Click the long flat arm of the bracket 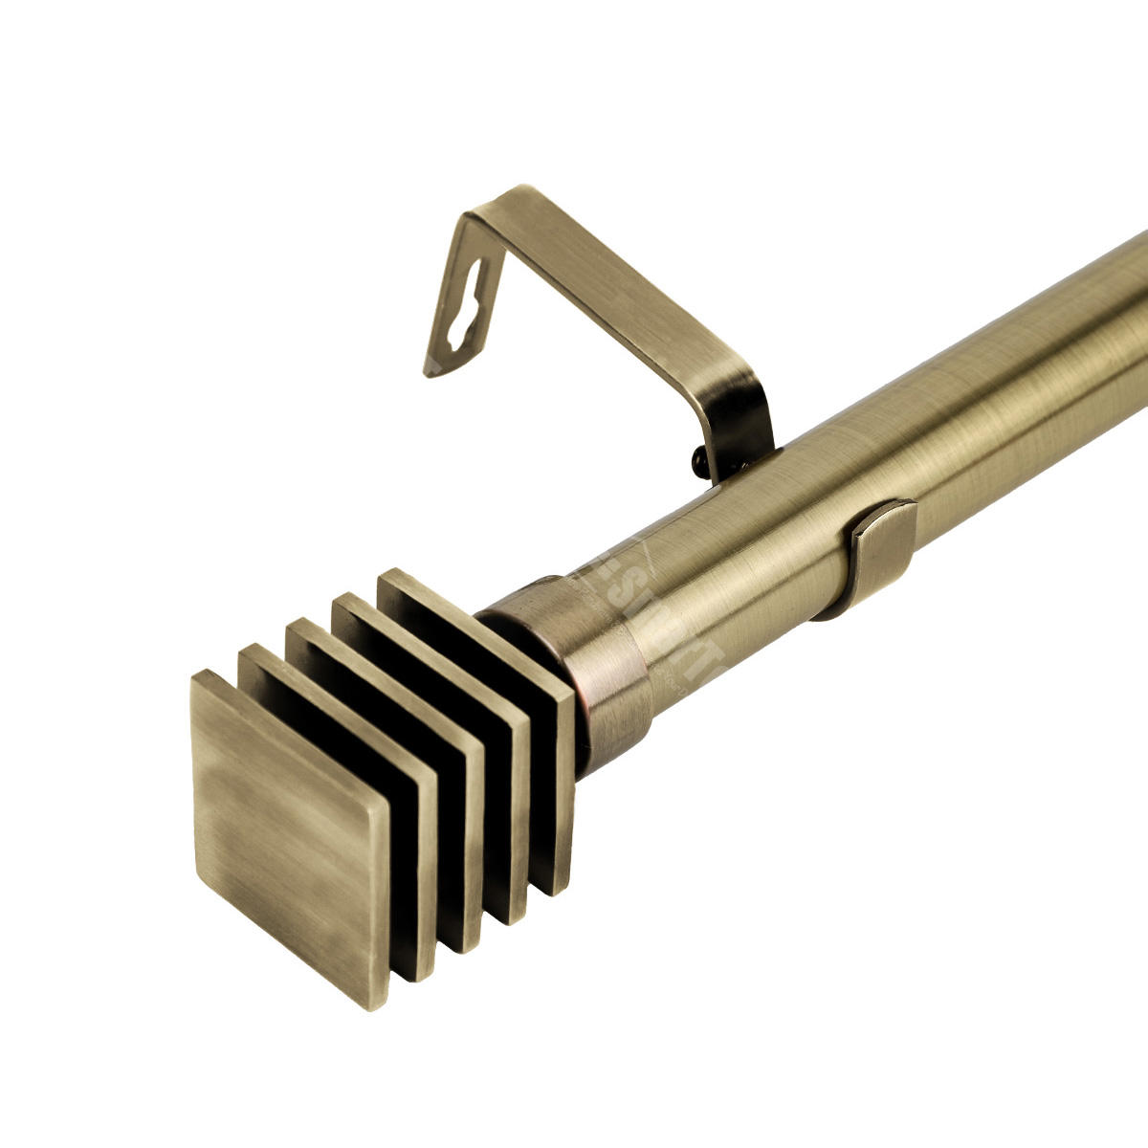[x=622, y=287]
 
